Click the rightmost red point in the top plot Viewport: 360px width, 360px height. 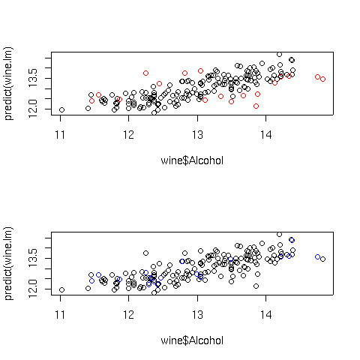coord(322,79)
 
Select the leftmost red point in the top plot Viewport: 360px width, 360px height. coord(91,100)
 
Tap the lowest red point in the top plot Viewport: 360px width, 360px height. coord(256,106)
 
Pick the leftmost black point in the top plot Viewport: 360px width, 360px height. coord(61,109)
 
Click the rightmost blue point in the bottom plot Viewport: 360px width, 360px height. coord(317,257)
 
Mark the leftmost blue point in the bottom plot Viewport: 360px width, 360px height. coord(91,280)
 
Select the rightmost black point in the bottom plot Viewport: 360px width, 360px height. coord(322,259)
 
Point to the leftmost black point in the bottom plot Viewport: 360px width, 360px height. coord(61,289)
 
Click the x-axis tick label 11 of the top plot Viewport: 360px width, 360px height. coord(60,135)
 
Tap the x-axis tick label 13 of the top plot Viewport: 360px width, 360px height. coord(197,135)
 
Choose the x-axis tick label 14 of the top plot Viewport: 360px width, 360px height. coord(266,135)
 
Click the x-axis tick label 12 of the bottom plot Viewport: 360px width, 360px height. coord(129,315)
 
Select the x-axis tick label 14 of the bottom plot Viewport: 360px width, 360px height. coord(266,315)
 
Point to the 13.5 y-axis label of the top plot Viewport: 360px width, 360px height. coord(33,78)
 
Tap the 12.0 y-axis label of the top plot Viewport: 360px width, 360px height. coord(33,109)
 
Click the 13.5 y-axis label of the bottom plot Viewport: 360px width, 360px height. coord(33,258)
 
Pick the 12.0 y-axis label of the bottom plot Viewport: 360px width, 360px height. coord(33,289)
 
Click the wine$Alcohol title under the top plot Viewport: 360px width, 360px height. coord(192,160)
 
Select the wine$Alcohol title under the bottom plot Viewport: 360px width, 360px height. coord(192,340)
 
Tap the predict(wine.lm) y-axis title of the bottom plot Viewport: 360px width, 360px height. coord(8,263)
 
